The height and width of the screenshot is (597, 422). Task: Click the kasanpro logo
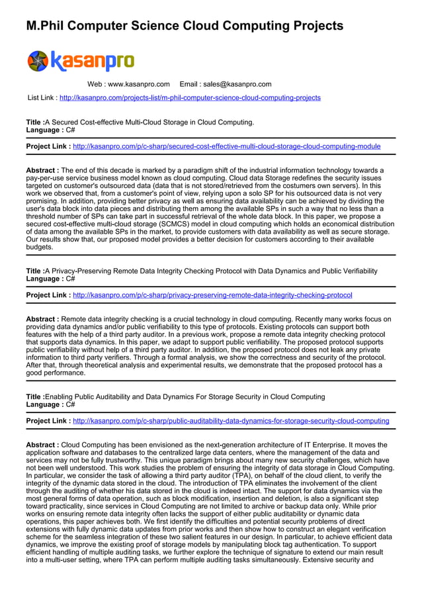click(80, 61)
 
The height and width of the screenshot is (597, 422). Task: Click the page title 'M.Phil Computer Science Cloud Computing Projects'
click(185, 26)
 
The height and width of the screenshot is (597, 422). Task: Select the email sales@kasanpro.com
click(237, 84)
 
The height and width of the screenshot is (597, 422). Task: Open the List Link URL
click(190, 97)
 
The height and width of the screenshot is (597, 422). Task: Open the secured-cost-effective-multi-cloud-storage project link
click(226, 146)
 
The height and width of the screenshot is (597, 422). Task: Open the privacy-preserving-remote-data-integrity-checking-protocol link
click(212, 295)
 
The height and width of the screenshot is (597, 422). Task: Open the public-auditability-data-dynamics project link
click(231, 420)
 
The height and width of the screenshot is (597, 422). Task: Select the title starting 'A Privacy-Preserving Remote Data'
click(210, 271)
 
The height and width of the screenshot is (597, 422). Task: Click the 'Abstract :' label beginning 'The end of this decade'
click(42, 170)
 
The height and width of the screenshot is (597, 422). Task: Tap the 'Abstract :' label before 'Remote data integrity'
click(42, 319)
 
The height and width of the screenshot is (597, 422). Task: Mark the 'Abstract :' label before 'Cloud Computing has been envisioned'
click(42, 445)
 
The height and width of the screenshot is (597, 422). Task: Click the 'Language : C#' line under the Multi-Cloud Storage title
click(50, 130)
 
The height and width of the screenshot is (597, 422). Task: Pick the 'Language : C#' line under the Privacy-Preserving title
click(50, 279)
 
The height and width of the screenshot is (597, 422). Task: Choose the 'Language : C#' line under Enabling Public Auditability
click(50, 404)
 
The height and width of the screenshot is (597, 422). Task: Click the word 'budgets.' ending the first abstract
click(40, 247)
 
